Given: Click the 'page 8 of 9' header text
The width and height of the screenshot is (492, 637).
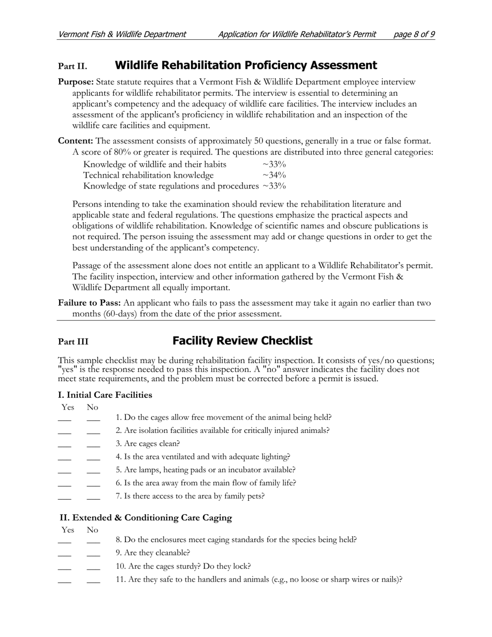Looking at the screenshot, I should [x=414, y=35].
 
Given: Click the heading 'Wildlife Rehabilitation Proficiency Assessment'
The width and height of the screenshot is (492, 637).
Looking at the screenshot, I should [x=245, y=65].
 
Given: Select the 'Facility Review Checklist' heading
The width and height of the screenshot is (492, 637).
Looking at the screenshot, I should [x=242, y=341].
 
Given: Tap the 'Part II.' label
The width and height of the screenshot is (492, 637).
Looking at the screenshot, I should [x=73, y=66].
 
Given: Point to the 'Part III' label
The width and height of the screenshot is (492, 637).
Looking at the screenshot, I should [x=73, y=342].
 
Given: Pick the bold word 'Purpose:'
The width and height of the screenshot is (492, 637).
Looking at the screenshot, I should [x=76, y=82].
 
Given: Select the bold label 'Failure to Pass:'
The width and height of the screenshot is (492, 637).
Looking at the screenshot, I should [x=90, y=303].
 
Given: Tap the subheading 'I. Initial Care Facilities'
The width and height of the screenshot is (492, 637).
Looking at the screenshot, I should [x=105, y=395].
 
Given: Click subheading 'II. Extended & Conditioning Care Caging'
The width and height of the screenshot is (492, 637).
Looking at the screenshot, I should [x=146, y=518].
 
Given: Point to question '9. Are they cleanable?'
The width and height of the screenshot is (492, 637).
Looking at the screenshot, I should [x=153, y=553].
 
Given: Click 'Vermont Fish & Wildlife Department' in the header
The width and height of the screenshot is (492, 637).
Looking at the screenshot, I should [x=122, y=35].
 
